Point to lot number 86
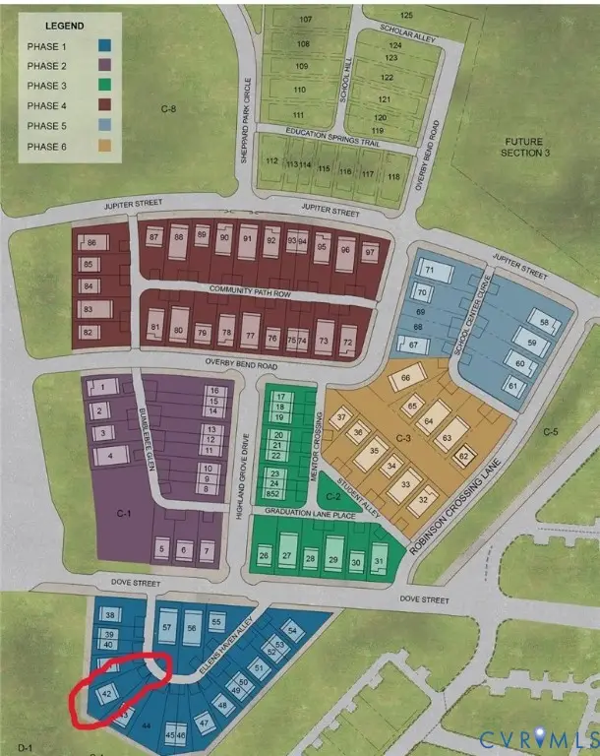click(x=91, y=243)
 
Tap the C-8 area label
click(x=173, y=108)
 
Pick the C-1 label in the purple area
click(x=124, y=513)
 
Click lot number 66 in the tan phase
click(x=405, y=378)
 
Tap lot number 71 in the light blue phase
click(x=429, y=270)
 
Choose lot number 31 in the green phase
click(x=380, y=561)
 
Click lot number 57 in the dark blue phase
click(x=167, y=627)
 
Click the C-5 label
click(x=551, y=431)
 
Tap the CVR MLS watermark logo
click(x=536, y=736)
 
